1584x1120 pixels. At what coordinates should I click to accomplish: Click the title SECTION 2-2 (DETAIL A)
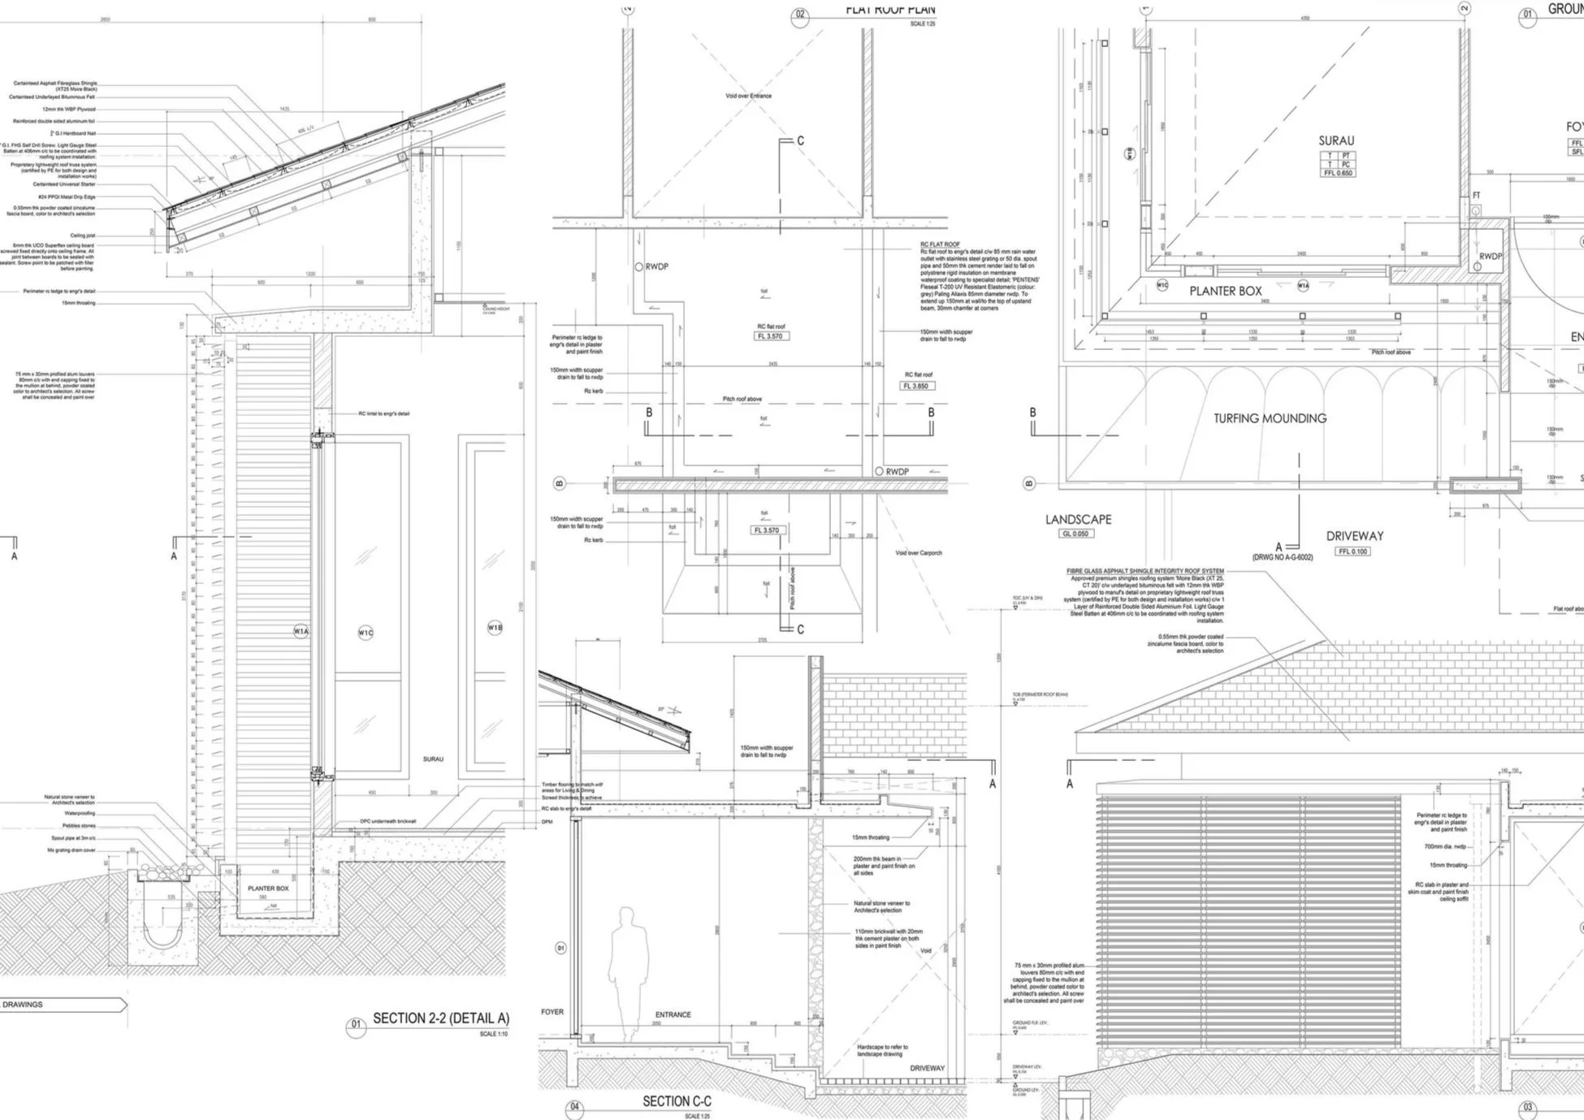click(x=440, y=1018)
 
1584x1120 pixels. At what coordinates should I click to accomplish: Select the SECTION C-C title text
click(x=676, y=1101)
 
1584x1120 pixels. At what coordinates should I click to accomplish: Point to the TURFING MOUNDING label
click(x=1270, y=418)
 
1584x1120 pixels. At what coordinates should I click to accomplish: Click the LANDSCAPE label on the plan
click(x=1078, y=519)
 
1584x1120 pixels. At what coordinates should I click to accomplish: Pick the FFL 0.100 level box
click(x=1353, y=551)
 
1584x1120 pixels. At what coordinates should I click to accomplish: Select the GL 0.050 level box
click(x=1075, y=534)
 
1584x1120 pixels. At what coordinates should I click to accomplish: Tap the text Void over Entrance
click(x=748, y=96)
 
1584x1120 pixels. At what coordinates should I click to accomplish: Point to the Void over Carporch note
click(x=918, y=553)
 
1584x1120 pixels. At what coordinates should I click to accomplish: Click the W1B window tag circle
click(x=495, y=627)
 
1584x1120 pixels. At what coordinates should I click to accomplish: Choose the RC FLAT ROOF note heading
click(x=939, y=244)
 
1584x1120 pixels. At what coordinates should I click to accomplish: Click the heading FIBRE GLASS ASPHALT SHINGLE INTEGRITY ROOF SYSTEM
click(x=1145, y=571)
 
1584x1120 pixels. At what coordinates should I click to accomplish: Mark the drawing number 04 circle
click(x=575, y=1106)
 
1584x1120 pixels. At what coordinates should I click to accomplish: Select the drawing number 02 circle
click(x=800, y=15)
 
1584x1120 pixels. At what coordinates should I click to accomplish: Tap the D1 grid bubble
click(x=560, y=948)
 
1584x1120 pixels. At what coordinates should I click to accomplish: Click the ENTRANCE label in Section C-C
click(x=673, y=1014)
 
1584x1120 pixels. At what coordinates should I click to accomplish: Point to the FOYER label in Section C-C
click(x=552, y=1012)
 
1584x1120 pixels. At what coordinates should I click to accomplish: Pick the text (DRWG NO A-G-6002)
click(x=1282, y=557)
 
